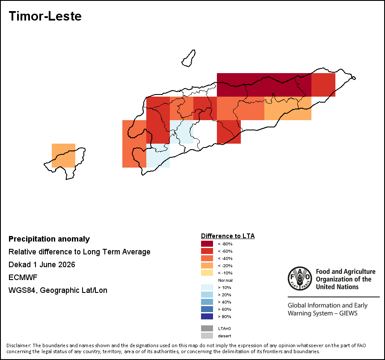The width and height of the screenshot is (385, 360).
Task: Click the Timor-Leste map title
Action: (x=45, y=16)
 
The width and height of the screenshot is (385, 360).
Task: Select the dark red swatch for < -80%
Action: (x=207, y=244)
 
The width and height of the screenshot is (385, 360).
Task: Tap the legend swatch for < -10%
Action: (x=207, y=273)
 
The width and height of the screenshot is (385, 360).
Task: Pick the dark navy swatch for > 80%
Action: (x=207, y=316)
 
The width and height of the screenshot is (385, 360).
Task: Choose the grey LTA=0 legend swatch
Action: (x=207, y=328)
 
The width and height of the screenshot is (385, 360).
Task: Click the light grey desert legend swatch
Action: (x=207, y=336)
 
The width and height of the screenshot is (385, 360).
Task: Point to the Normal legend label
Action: (x=225, y=280)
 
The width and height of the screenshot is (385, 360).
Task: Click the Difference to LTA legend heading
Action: (x=228, y=236)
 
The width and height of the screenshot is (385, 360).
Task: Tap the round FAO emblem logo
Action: (x=300, y=278)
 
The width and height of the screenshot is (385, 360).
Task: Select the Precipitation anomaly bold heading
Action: (x=49, y=239)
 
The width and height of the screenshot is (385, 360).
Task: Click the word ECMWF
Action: (x=23, y=277)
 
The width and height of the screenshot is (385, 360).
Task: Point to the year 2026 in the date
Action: (x=67, y=265)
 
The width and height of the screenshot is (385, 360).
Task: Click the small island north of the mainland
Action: (x=189, y=58)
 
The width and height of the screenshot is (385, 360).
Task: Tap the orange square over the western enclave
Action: (x=63, y=156)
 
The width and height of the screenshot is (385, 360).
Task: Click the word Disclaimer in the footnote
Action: (x=19, y=345)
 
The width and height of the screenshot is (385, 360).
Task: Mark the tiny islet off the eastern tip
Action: (x=354, y=78)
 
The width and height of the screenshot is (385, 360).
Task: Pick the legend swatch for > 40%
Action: (x=207, y=302)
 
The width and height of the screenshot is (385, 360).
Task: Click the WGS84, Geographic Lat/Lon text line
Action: (x=58, y=290)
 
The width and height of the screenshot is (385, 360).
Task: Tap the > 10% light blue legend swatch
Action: (x=207, y=287)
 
